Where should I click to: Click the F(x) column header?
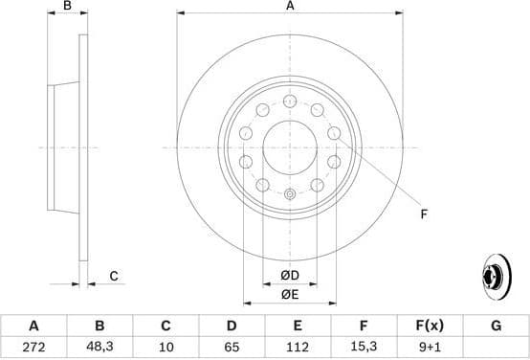pyautogui.click(x=430, y=326)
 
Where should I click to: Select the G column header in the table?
pyautogui.click(x=496, y=326)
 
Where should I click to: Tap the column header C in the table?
pyautogui.click(x=165, y=326)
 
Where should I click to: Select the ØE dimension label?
pyautogui.click(x=289, y=294)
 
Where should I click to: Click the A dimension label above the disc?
pyautogui.click(x=289, y=7)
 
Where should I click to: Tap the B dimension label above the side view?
pyautogui.click(x=66, y=7)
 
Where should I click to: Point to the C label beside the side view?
pyautogui.click(x=113, y=277)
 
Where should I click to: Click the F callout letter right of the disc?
pyautogui.click(x=424, y=214)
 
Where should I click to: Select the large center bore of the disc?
pyautogui.click(x=289, y=147)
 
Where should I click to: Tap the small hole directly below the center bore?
pyautogui.click(x=289, y=194)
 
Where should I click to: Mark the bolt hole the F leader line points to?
pyautogui.click(x=333, y=163)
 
